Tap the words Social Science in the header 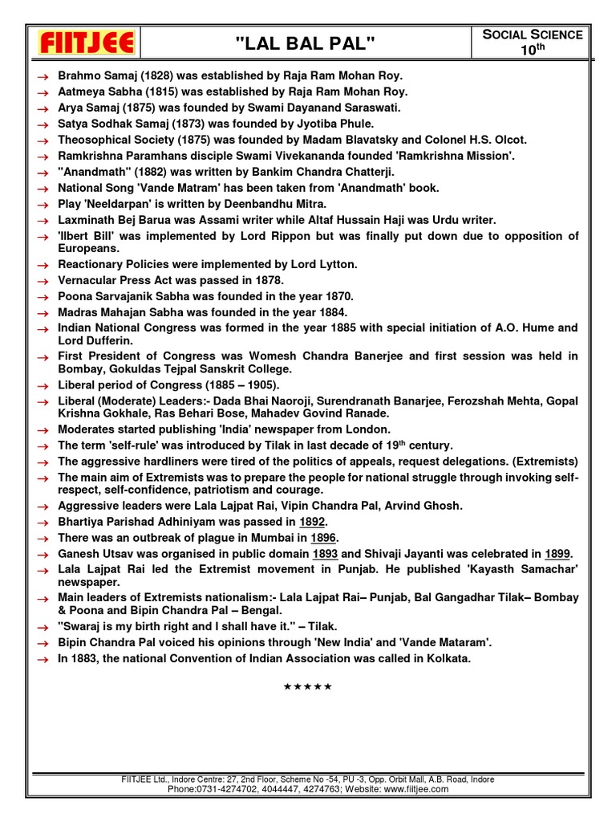pyautogui.click(x=533, y=34)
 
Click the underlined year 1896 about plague pyautogui.click(x=323, y=537)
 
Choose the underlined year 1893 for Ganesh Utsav pyautogui.click(x=326, y=554)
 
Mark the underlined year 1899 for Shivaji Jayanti pyautogui.click(x=558, y=554)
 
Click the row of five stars pyautogui.click(x=307, y=686)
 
